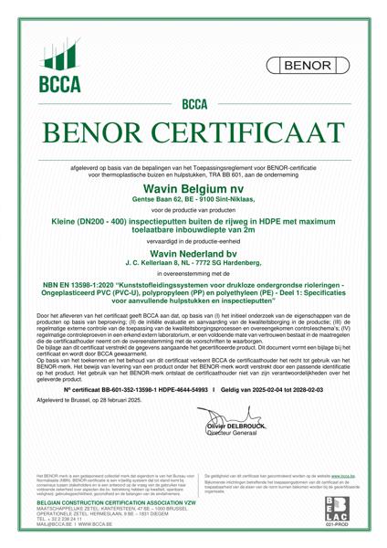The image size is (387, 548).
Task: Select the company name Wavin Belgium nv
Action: (193, 186)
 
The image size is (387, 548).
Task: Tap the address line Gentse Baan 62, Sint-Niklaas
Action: (193, 197)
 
